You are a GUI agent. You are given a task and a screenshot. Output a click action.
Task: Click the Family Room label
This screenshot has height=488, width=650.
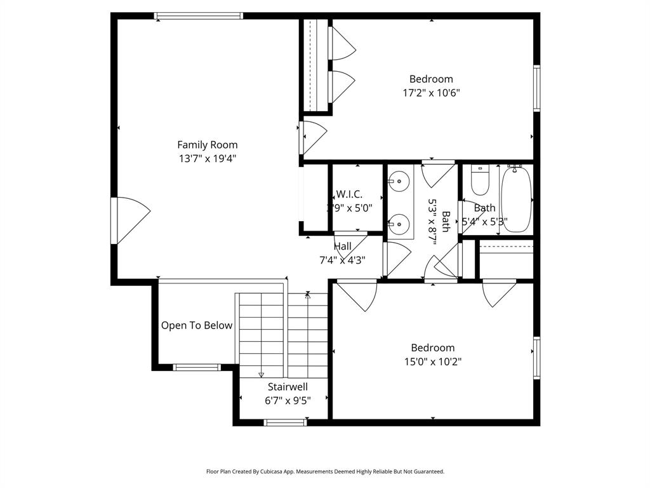click(x=207, y=145)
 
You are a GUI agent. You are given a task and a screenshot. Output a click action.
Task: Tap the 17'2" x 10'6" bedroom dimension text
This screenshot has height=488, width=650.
click(x=431, y=93)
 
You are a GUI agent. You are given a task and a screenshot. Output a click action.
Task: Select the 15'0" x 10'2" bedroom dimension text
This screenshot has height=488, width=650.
click(x=432, y=362)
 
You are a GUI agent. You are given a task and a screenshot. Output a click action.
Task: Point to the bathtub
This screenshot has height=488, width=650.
click(x=515, y=199)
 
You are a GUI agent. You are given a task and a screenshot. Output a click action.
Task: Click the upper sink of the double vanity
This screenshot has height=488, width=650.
click(x=398, y=182)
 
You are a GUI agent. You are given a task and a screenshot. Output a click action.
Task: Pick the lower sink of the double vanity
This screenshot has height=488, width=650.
click(x=398, y=223)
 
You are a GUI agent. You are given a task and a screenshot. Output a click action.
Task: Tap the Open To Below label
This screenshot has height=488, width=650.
click(x=196, y=325)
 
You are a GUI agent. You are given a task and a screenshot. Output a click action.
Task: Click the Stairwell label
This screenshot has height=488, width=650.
click(x=288, y=386)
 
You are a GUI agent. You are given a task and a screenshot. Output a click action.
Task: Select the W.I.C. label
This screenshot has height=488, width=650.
click(x=349, y=194)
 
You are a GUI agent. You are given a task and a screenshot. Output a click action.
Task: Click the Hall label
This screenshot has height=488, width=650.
click(x=343, y=247)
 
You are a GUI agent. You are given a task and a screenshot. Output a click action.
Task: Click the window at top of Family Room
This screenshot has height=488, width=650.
click(x=199, y=16)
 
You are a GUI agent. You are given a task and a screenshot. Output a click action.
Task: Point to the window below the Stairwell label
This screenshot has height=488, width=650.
click(x=285, y=422)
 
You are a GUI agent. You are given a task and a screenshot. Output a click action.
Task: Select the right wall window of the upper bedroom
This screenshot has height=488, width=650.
click(x=536, y=88)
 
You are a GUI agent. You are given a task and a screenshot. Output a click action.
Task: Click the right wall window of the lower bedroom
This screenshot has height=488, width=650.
click(x=536, y=357)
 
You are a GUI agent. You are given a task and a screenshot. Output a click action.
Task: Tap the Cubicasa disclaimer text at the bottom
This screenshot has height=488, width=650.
click(x=325, y=471)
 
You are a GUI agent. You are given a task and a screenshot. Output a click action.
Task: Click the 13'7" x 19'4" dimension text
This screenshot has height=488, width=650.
click(x=208, y=158)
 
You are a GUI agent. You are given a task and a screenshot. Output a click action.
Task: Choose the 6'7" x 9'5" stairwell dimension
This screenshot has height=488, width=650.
click(x=288, y=400)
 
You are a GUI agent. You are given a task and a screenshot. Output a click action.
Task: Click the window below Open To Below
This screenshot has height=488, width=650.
click(x=197, y=367)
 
